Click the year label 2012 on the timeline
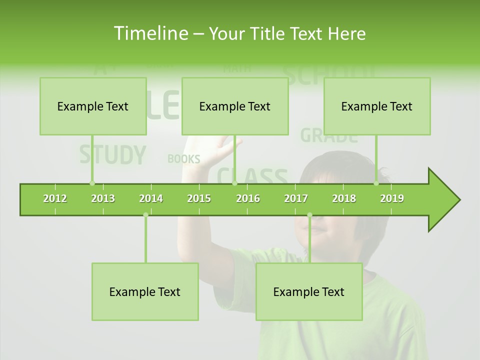55,198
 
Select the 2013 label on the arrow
103,198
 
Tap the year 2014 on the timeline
151,198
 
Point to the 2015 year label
199,198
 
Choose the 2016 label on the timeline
248,198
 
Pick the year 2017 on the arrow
296,198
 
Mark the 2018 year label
344,198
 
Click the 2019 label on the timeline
392,198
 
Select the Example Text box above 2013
93,106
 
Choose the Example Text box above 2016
235,106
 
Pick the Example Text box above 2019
377,106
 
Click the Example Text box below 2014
145,291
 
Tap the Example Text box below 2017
309,291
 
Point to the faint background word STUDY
112,155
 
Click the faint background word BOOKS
183,159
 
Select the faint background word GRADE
329,135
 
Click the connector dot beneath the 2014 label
145,215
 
